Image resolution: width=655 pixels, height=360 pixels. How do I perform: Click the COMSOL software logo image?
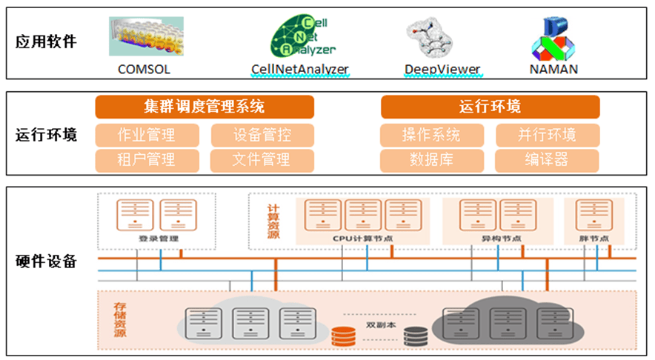(x=146, y=37)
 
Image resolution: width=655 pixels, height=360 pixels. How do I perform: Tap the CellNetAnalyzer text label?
(x=300, y=70)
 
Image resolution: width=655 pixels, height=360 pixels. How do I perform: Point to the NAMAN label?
(x=553, y=70)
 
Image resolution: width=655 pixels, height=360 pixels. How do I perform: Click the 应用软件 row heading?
(x=46, y=42)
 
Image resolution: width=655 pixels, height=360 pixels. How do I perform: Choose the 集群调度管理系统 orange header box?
(x=204, y=107)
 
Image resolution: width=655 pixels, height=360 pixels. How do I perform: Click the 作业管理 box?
(x=147, y=135)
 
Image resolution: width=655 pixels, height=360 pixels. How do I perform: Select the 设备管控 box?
(x=262, y=135)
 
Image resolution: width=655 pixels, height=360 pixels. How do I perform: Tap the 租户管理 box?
(x=147, y=159)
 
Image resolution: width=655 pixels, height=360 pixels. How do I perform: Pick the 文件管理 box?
(x=262, y=159)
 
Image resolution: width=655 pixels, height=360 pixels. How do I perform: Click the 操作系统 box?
(x=431, y=135)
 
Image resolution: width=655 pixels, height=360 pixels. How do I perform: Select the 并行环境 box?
(x=547, y=135)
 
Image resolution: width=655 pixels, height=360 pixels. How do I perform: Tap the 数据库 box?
(x=431, y=159)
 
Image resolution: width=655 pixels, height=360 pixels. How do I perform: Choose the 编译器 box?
(x=547, y=159)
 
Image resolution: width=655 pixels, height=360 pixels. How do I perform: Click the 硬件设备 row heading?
(x=46, y=261)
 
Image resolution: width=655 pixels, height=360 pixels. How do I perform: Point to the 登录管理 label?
(x=159, y=239)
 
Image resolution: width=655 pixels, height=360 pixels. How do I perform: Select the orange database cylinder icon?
(x=343, y=337)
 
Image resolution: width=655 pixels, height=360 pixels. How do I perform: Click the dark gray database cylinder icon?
(x=416, y=337)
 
